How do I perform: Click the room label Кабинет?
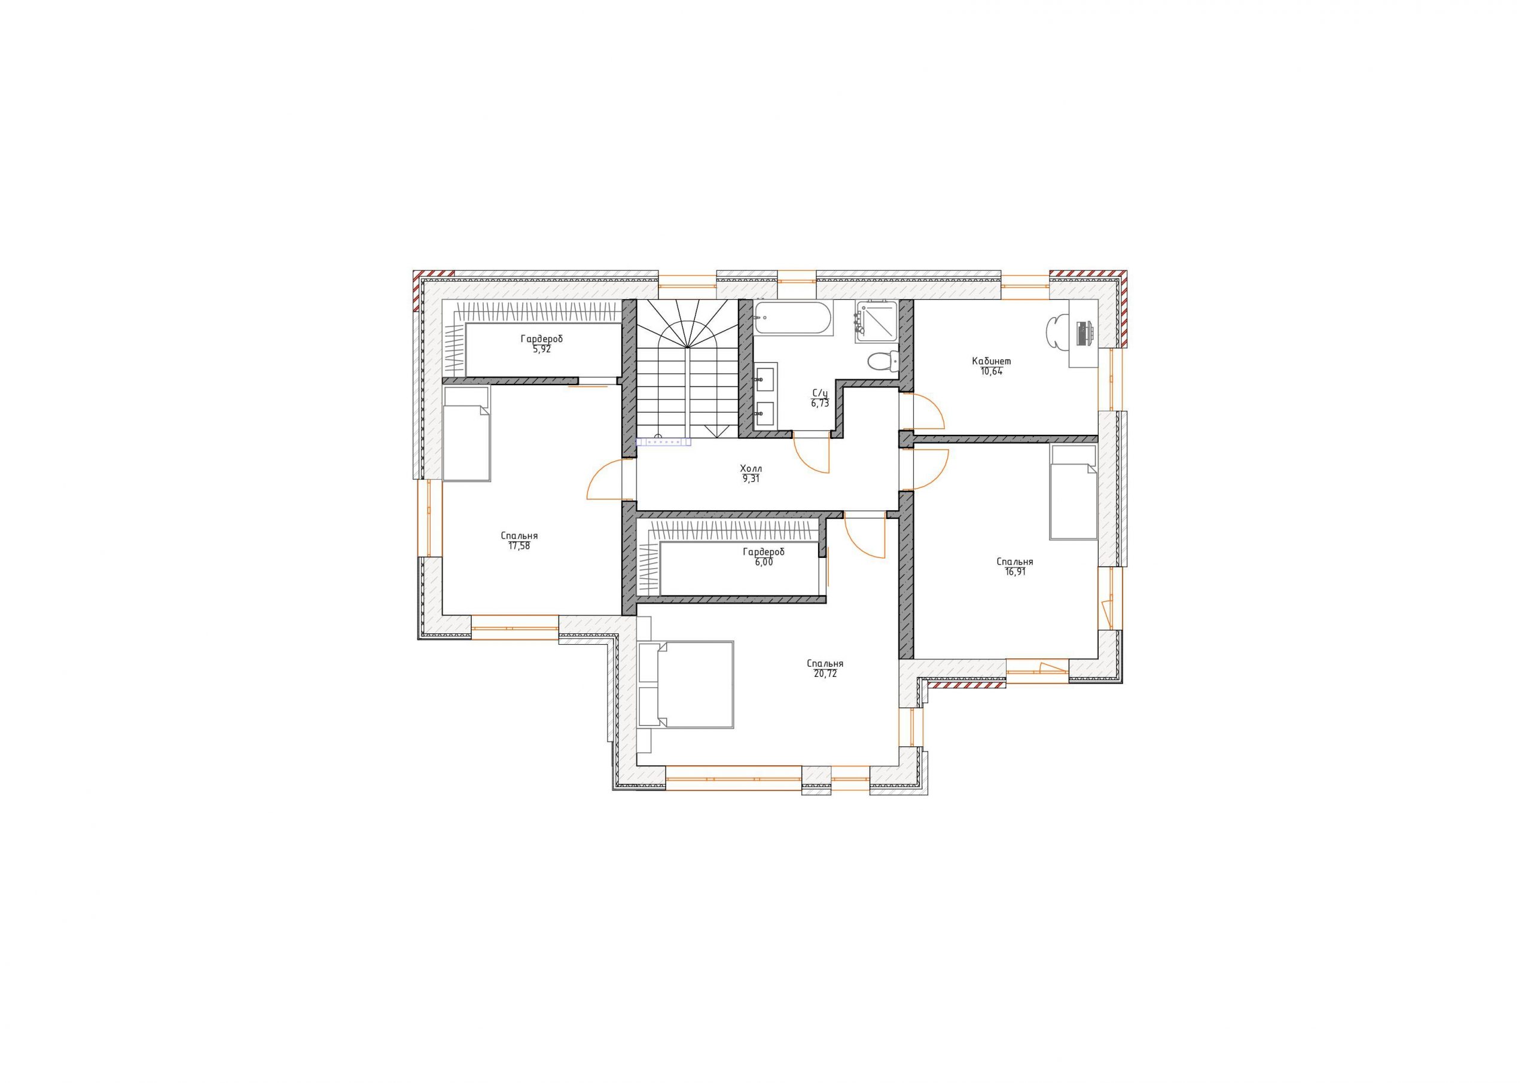point(991,361)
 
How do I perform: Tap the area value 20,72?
point(825,673)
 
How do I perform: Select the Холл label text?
point(751,469)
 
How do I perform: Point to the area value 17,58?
point(520,545)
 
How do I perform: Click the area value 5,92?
point(541,349)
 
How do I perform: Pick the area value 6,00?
point(764,562)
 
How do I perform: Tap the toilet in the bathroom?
point(883,361)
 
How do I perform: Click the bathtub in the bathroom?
point(793,318)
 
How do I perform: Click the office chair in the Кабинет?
point(1056,331)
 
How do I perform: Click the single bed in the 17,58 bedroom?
point(466,434)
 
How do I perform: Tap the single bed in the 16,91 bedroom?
point(1073,492)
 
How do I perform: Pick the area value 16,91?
point(1015,572)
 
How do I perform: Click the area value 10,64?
point(992,371)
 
